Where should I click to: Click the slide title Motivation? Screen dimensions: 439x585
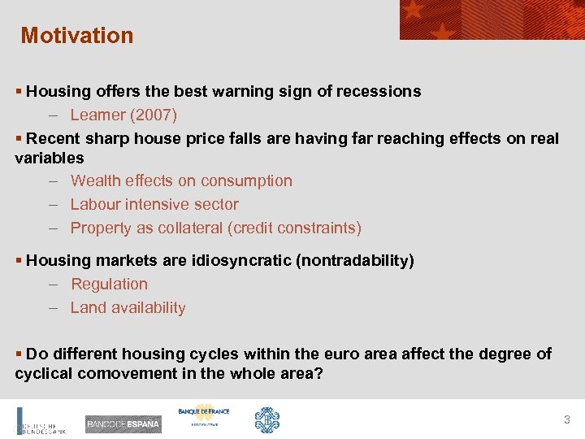pyautogui.click(x=77, y=36)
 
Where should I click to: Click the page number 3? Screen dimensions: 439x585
pyautogui.click(x=567, y=419)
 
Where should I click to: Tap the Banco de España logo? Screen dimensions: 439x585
pyautogui.click(x=123, y=424)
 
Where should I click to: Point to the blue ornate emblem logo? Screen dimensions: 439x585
pyautogui.click(x=267, y=419)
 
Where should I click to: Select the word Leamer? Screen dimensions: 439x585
pyautogui.click(x=98, y=115)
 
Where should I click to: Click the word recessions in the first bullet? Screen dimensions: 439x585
pyautogui.click(x=382, y=91)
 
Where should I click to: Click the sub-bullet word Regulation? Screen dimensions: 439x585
pyautogui.click(x=109, y=284)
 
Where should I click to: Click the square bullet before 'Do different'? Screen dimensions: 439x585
pyautogui.click(x=19, y=354)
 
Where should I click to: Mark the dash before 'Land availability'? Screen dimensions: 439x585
pyautogui.click(x=52, y=307)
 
